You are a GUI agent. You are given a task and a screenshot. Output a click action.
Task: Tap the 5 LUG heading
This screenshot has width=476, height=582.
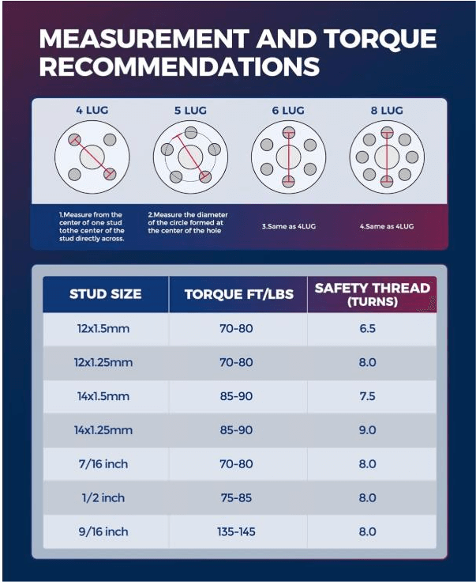190,111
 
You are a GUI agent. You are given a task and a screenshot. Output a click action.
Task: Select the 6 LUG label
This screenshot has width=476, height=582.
288,111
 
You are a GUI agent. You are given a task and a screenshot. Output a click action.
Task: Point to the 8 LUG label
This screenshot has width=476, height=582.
387,111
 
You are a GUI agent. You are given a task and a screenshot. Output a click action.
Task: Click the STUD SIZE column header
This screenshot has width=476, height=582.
105,294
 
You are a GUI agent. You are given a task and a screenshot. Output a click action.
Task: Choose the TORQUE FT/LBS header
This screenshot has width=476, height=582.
238,294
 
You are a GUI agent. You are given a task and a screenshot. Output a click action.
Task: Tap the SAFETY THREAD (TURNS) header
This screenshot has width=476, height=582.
372,294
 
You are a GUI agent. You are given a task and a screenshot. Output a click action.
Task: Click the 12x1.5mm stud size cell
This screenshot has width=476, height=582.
105,328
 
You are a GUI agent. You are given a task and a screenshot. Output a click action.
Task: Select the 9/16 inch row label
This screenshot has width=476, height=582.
105,532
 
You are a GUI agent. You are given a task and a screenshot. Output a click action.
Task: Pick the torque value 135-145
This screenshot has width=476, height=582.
237,532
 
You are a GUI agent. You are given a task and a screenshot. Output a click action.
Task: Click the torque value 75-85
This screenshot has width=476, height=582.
237,498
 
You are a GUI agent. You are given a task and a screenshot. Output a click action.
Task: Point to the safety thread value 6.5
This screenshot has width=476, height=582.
368,328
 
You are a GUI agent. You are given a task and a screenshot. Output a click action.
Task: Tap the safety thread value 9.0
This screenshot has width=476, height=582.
368,430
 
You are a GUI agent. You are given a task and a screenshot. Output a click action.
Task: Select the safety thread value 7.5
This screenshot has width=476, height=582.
368,396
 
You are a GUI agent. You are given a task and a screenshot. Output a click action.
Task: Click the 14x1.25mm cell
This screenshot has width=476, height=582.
105,430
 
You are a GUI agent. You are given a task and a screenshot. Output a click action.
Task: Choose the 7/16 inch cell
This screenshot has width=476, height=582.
105,464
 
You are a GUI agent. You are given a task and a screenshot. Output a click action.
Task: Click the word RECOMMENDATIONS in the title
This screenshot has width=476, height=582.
179,66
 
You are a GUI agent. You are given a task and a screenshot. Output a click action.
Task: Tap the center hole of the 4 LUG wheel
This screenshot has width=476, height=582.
92,156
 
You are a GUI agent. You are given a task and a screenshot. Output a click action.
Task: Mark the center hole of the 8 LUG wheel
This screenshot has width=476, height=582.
387,156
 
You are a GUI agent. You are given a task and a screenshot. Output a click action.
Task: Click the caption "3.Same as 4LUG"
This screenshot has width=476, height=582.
288,226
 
